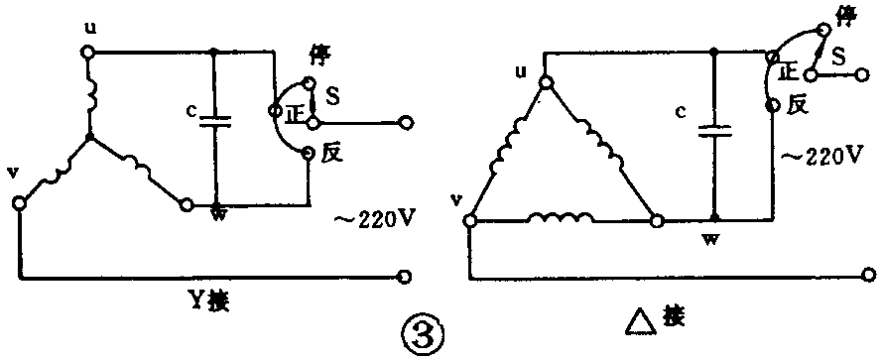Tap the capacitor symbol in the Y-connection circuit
(x=214, y=122)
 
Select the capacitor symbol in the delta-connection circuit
(x=712, y=130)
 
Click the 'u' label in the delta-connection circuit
(x=523, y=72)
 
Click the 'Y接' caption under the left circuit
(x=211, y=297)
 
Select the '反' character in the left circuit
(x=330, y=155)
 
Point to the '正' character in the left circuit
(x=291, y=112)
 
